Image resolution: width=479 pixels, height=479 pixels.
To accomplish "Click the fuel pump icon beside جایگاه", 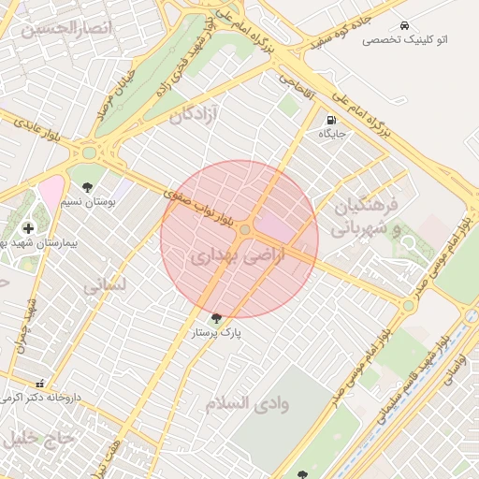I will (332, 121).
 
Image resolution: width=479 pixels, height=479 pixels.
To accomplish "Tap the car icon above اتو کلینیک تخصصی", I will (403, 25).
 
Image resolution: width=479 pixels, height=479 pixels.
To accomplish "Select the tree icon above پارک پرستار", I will (218, 318).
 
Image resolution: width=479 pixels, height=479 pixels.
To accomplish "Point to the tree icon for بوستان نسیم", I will (87, 187).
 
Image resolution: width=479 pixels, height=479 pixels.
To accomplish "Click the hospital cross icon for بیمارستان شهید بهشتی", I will (28, 227).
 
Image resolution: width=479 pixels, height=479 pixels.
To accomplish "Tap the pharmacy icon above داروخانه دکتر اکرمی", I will (39, 384).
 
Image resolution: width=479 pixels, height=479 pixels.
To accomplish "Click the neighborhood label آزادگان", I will (195, 116).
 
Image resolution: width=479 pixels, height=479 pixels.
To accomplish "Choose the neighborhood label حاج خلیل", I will (37, 438).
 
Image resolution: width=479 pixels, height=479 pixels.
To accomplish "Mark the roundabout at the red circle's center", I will (245, 229).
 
